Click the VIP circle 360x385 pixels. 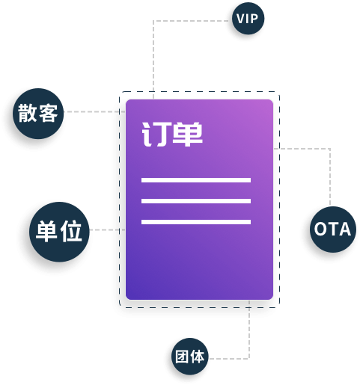pos(248,19)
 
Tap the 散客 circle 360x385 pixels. pos(38,114)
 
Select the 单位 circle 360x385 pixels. pos(59,232)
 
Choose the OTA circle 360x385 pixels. pos(333,230)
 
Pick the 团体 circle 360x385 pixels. pos(190,357)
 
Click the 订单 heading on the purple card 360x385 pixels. pos(172,134)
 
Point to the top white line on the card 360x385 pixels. pos(196,180)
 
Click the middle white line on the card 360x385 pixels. pos(196,201)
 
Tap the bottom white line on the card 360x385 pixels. pos(196,222)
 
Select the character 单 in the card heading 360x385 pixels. pos(188,134)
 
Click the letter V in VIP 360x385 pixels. pos(240,19)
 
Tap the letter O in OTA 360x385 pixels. pos(320,229)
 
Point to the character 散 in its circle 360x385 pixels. pos(28,113)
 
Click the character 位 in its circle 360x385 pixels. pos(72,231)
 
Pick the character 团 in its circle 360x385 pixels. pos(181,357)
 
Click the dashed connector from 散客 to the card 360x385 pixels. pos(94,111)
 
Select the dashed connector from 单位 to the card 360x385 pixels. pos(107,230)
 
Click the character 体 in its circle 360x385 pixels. pos(197,357)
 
